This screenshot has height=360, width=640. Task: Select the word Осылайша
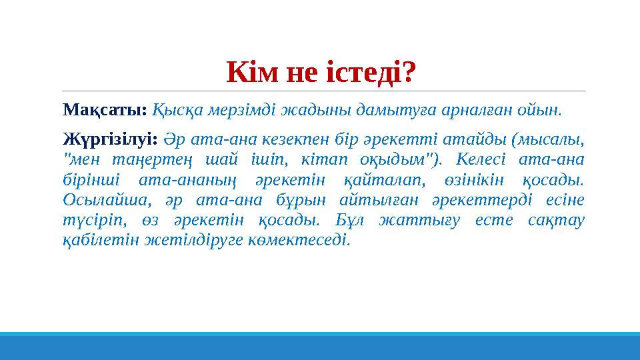point(99,201)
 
